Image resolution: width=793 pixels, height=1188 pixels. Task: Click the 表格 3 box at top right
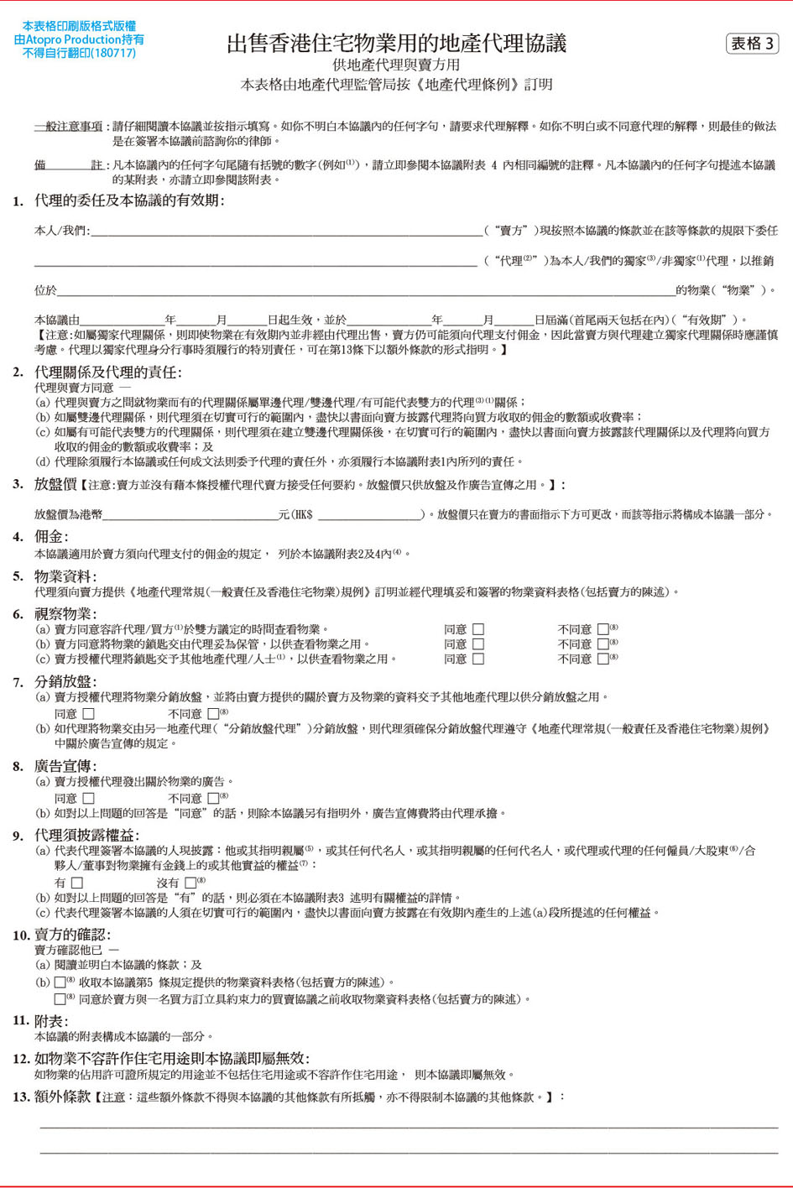[x=752, y=44]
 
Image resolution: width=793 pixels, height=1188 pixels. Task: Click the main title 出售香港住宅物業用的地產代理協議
[x=396, y=44]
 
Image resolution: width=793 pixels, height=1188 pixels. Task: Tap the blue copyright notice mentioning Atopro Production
[x=79, y=39]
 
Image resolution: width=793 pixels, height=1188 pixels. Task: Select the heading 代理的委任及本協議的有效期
[x=129, y=201]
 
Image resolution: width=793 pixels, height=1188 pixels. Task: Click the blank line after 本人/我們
[x=285, y=231]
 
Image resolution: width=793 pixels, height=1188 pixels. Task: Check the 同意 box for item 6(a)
[x=478, y=629]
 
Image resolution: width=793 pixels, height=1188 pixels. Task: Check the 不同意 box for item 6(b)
[x=603, y=644]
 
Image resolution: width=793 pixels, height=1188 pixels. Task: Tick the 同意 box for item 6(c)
[x=478, y=659]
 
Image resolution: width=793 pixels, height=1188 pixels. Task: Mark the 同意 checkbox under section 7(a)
[x=89, y=714]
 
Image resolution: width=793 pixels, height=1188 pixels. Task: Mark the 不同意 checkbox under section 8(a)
[x=213, y=799]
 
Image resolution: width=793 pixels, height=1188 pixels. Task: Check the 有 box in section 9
[x=77, y=883]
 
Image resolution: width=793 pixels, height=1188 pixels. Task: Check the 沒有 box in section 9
[x=190, y=883]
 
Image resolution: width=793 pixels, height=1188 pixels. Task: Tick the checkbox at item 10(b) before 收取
[x=60, y=982]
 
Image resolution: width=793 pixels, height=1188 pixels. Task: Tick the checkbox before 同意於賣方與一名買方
[x=60, y=999]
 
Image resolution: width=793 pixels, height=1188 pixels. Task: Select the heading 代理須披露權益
[x=86, y=836]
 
